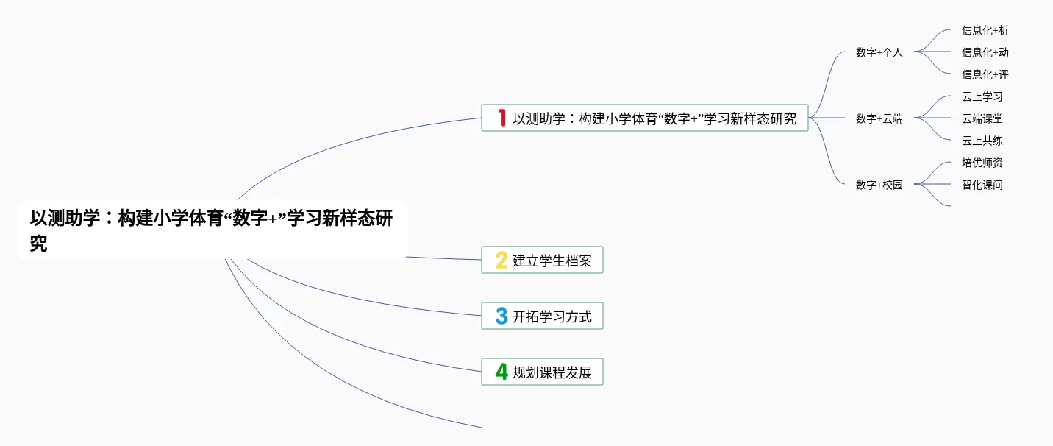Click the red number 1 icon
point(502,118)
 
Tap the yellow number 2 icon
point(501,261)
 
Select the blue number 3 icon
point(501,316)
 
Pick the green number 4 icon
point(501,372)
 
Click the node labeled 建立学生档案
point(542,260)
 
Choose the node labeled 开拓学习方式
point(542,316)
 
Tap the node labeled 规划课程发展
point(542,372)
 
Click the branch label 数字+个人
point(879,52)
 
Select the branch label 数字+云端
point(879,118)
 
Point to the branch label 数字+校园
point(879,185)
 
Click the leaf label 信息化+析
point(985,30)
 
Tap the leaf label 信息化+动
point(985,52)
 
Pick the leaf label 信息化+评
point(985,74)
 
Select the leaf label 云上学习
point(982,96)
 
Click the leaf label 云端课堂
point(982,118)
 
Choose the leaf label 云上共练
point(982,141)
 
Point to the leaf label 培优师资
point(982,163)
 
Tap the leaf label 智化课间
point(982,185)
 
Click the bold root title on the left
point(211,230)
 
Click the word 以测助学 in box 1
point(539,118)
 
